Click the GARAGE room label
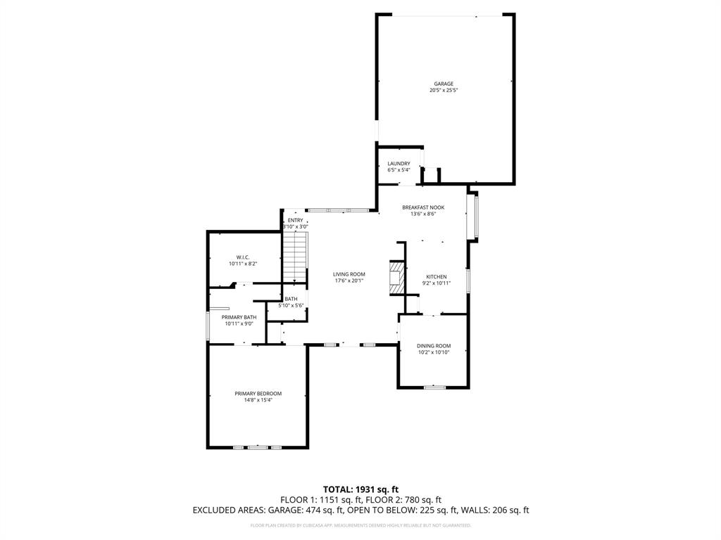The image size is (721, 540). point(444,84)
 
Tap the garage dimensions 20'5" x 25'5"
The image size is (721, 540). point(444,91)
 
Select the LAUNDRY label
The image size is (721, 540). point(399,164)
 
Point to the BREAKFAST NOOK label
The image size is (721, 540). point(423,207)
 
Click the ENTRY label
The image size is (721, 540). point(295,220)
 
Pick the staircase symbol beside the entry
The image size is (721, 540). point(296,257)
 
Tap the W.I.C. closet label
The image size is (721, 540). point(243,257)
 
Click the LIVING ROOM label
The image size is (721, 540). point(349,274)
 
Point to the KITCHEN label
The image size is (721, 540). point(437,276)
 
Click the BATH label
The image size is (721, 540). point(291,299)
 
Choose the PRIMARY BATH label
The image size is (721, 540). point(239,317)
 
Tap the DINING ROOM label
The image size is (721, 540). point(434,346)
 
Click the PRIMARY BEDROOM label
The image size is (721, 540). point(258,393)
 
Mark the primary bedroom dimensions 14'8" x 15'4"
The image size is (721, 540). point(258,400)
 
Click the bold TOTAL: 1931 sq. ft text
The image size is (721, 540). point(360,489)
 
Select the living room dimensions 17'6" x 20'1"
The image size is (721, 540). point(349,281)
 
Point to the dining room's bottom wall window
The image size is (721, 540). point(434,387)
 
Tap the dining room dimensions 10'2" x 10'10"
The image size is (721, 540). point(434,353)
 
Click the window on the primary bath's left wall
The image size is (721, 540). point(207,326)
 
